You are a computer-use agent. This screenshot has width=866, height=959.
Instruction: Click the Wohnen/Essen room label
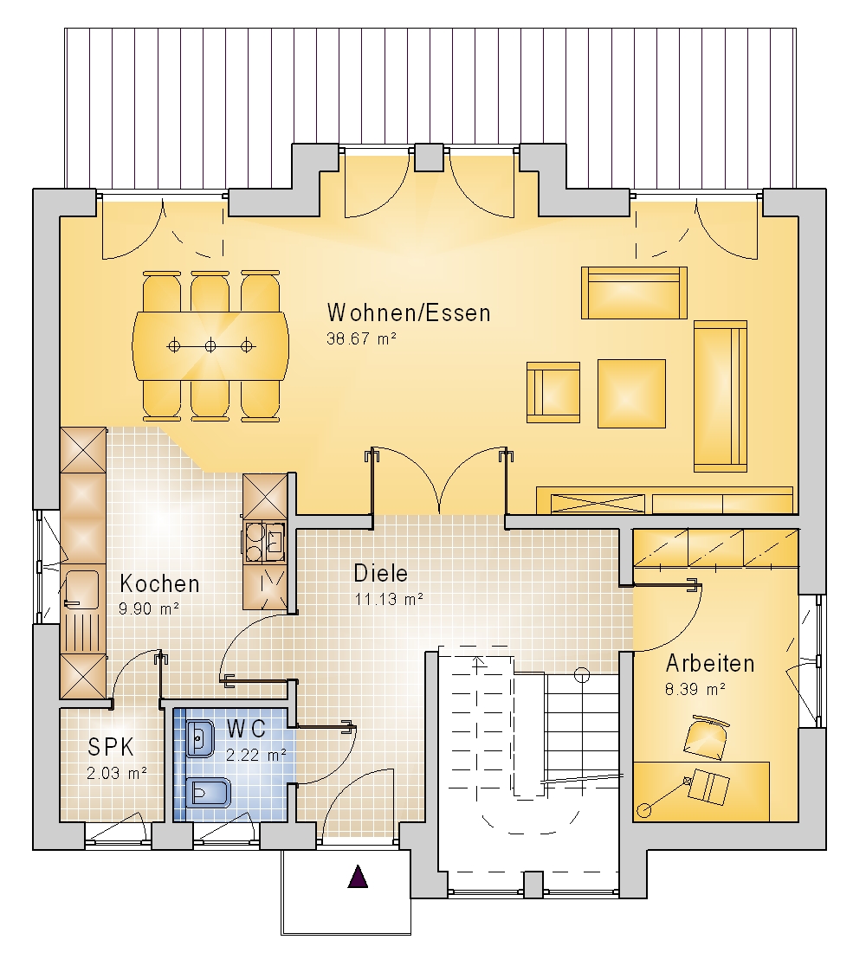409,312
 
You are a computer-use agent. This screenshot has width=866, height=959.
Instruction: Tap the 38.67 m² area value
362,338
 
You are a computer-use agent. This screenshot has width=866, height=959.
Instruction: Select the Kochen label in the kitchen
159,583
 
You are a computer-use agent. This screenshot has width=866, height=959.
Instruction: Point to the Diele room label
381,573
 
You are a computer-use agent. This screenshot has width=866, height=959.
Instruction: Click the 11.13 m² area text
389,599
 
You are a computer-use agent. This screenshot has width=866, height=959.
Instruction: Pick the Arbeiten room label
710,664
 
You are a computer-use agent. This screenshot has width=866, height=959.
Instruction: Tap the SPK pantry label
111,747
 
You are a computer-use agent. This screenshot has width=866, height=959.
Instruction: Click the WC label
246,729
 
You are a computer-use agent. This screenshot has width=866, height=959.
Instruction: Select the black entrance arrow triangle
358,877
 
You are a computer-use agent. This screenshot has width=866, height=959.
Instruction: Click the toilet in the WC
208,793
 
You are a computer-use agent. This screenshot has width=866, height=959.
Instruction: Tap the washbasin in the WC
199,739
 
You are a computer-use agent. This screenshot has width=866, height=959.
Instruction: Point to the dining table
210,346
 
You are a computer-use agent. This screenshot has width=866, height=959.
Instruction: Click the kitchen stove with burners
265,542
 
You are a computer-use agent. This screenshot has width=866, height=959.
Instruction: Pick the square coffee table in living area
631,393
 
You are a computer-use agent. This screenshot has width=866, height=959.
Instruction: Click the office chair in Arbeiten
707,737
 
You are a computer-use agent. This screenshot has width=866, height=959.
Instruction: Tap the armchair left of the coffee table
553,392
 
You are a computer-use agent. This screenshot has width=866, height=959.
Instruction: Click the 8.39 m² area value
695,689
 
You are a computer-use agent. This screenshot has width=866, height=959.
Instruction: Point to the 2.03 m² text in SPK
117,773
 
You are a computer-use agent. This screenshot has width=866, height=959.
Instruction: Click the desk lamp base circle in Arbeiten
643,810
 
